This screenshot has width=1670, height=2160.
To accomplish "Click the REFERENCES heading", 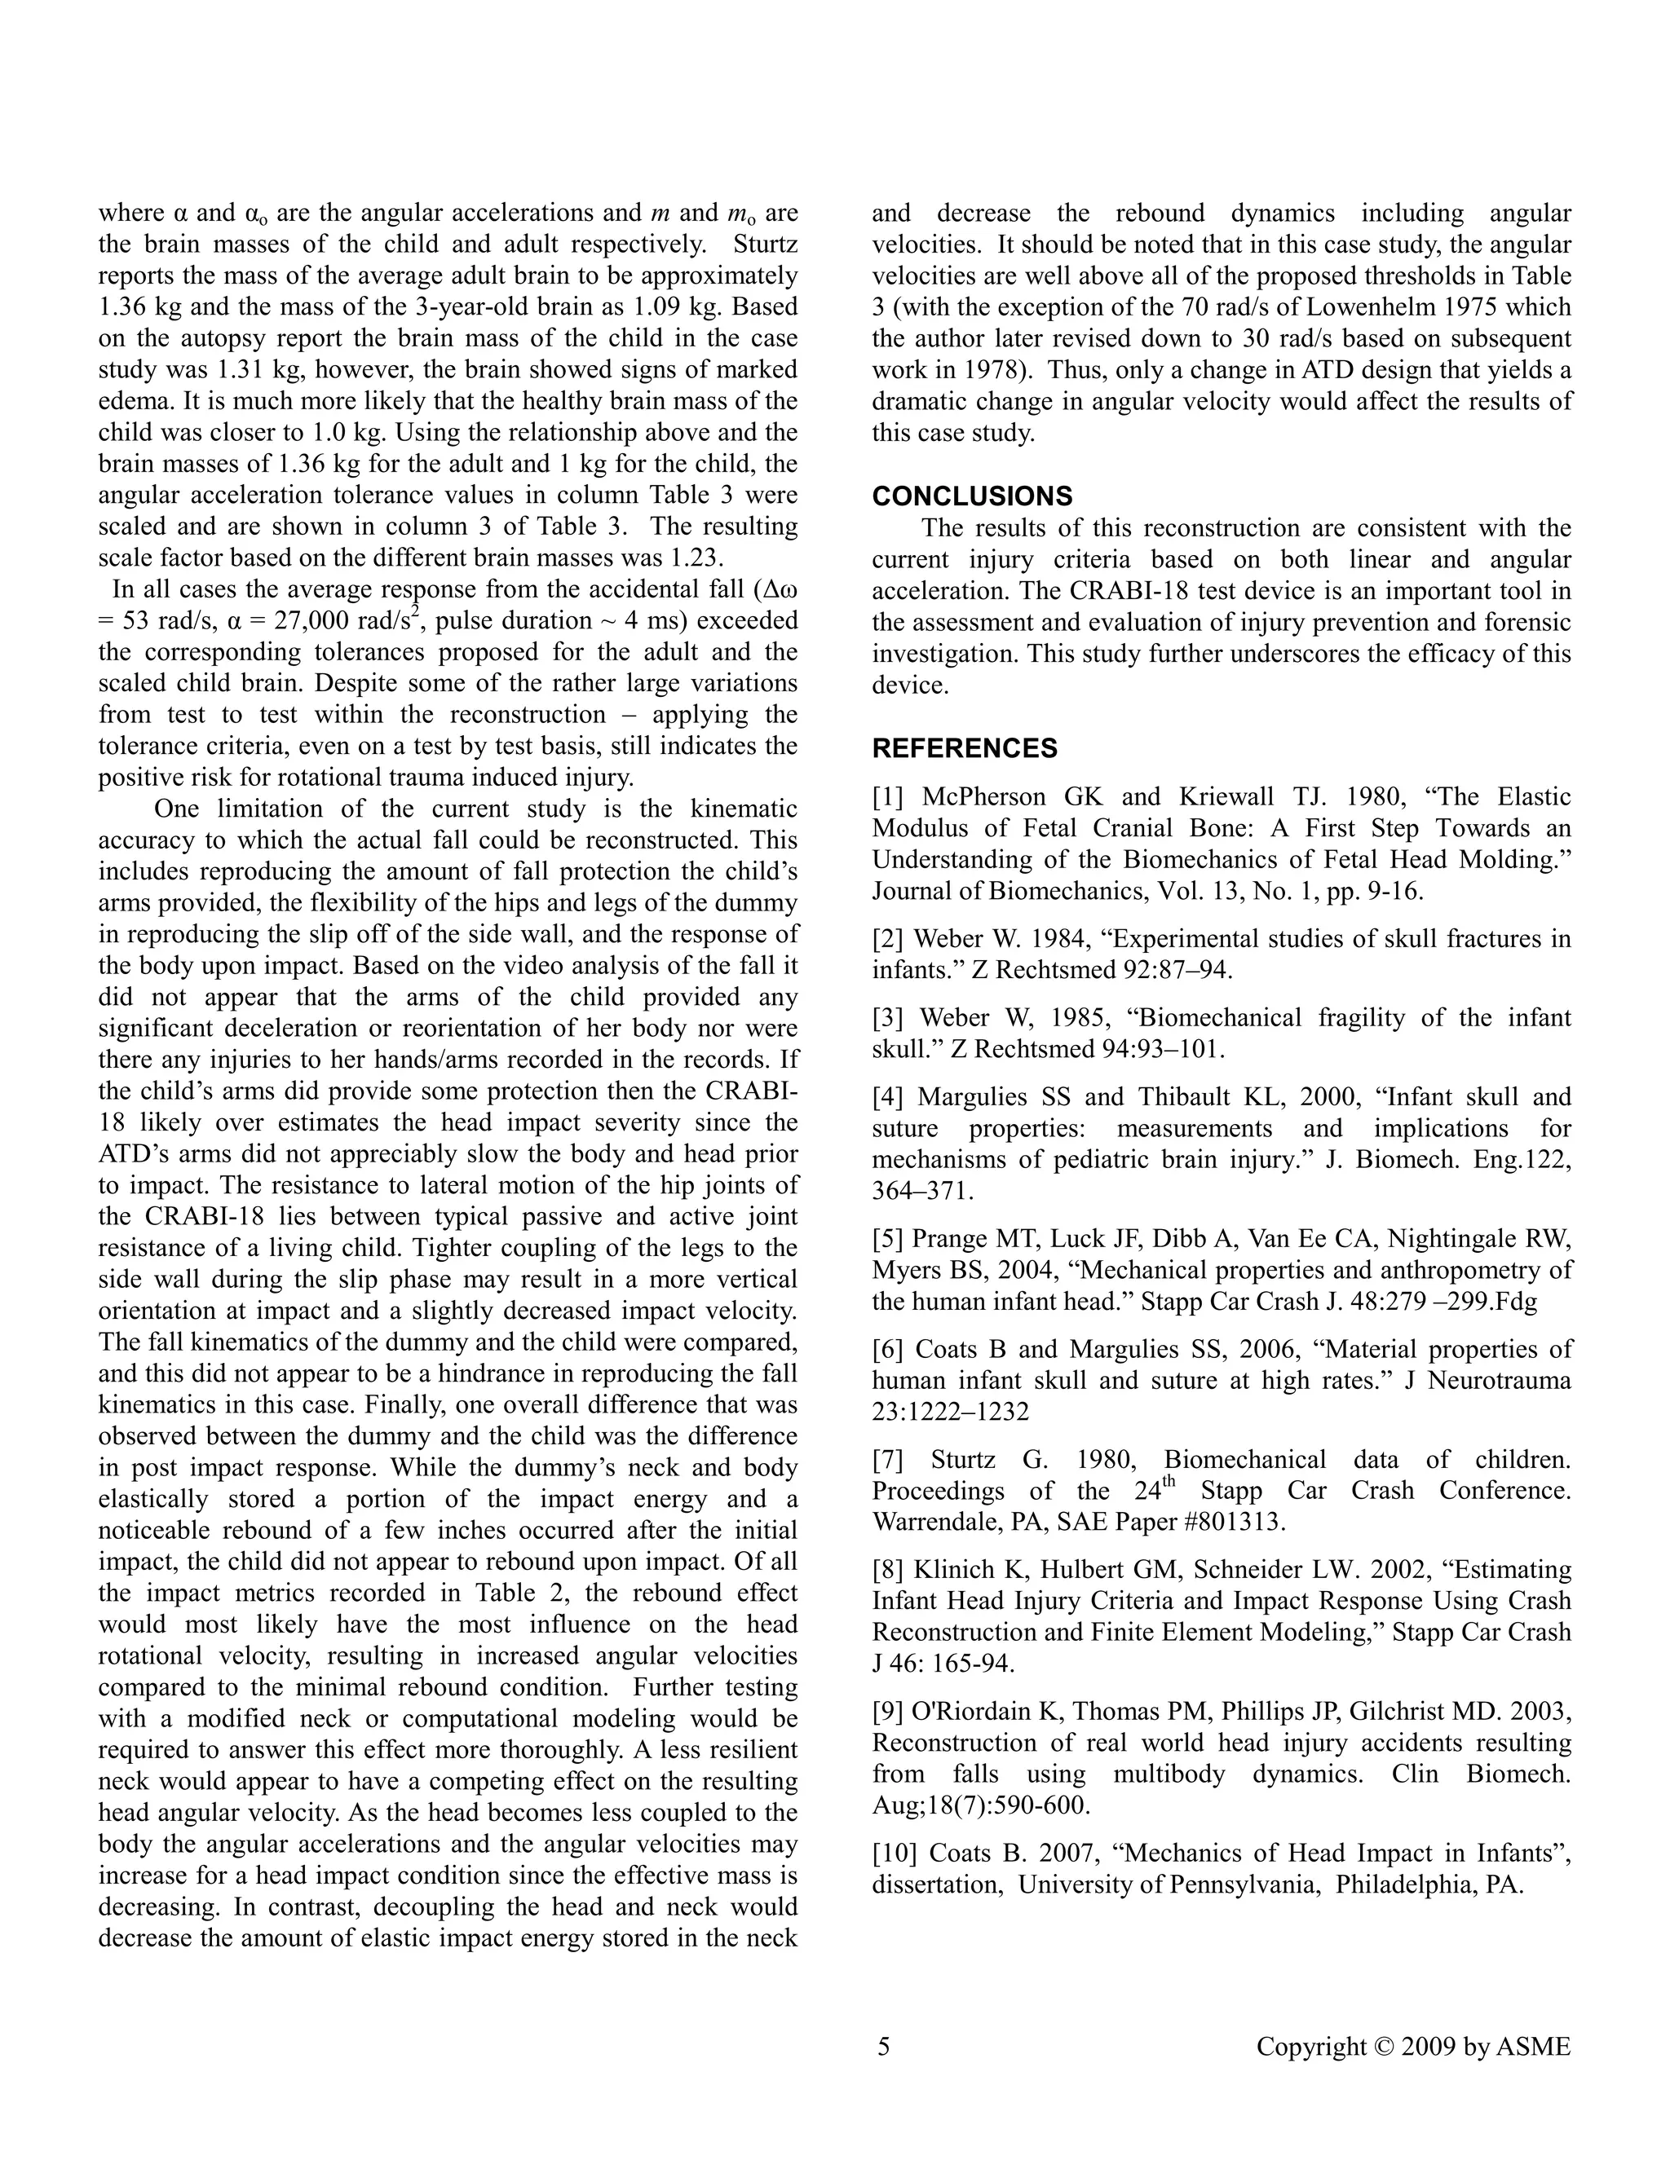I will tap(964, 749).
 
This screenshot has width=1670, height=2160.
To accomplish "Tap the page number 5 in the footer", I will tap(883, 2046).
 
